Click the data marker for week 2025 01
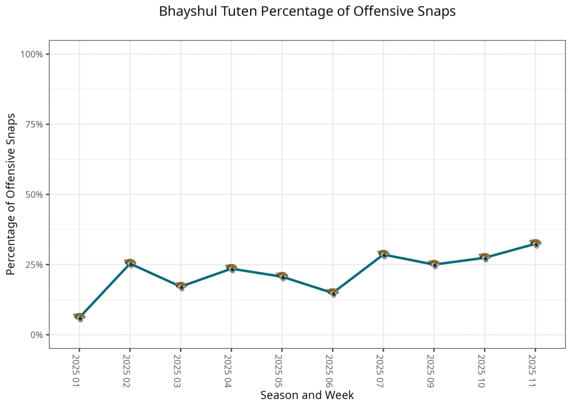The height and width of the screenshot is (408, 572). coord(79,317)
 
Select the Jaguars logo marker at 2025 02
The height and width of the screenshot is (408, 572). coord(130,262)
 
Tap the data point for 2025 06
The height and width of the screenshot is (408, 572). coord(332,292)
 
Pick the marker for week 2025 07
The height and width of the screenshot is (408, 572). coord(383,254)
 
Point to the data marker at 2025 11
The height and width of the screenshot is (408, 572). coord(535,243)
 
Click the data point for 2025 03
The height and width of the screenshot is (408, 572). coord(180,286)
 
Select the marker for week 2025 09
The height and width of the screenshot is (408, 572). coord(434,263)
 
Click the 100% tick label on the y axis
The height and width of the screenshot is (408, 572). coord(32,54)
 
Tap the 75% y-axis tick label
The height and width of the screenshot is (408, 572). coord(34,124)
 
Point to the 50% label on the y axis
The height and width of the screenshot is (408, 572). coord(34,195)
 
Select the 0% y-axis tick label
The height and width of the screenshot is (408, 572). coord(36,335)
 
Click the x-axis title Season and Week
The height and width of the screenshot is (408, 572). coord(307,395)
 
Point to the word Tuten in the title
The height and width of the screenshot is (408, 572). coord(230,12)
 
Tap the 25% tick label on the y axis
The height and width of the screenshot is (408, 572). coord(34,265)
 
